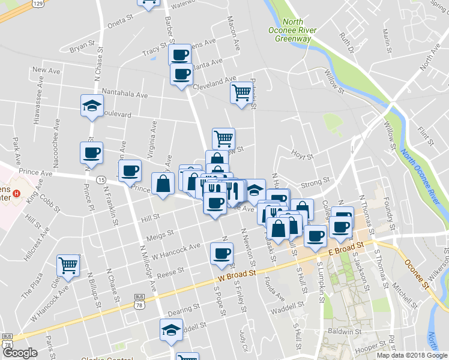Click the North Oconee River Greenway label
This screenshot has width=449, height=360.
click(x=292, y=31)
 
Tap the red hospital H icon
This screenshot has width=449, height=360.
click(x=17, y=194)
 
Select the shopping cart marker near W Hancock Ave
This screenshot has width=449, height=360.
click(x=68, y=265)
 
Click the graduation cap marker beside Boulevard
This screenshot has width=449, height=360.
click(x=92, y=106)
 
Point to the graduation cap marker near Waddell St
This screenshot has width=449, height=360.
click(x=171, y=330)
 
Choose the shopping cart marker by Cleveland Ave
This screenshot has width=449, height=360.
click(x=241, y=92)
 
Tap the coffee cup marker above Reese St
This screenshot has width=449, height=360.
click(x=221, y=252)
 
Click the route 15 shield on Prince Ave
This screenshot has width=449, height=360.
click(x=101, y=180)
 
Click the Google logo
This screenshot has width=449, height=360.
click(x=20, y=352)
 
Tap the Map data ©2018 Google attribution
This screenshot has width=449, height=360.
click(x=411, y=355)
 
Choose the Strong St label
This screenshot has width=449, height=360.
click(x=318, y=180)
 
